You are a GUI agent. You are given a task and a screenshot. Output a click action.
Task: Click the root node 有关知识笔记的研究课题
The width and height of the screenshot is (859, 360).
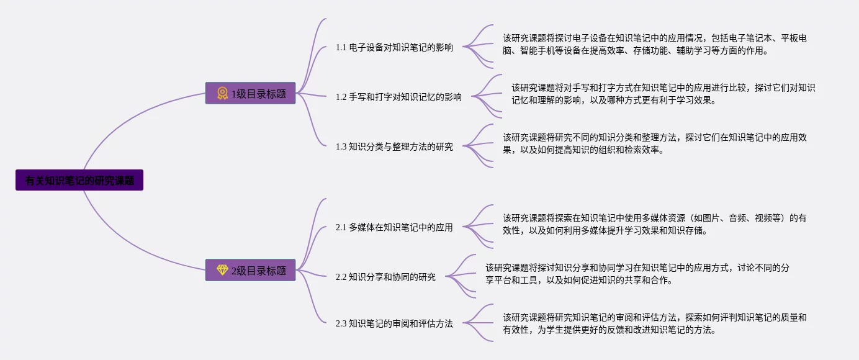(x=79, y=181)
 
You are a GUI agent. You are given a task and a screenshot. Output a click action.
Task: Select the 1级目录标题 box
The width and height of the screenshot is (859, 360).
(x=250, y=94)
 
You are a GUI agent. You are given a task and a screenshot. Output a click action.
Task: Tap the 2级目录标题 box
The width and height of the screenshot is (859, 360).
(x=250, y=270)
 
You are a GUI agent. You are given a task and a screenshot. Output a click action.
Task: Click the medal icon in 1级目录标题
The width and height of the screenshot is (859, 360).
(x=222, y=94)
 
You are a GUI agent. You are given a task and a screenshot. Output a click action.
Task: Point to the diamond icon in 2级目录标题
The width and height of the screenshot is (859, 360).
(x=222, y=270)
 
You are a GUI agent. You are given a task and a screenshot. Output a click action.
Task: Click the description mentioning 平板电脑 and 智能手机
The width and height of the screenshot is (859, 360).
(x=654, y=44)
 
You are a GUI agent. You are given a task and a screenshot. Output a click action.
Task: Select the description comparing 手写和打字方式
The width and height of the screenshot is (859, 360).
(x=663, y=94)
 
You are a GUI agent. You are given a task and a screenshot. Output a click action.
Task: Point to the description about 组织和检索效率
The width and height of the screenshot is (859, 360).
(x=654, y=143)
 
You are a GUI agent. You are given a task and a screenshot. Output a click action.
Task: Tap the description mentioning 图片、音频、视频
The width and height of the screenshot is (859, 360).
(x=654, y=224)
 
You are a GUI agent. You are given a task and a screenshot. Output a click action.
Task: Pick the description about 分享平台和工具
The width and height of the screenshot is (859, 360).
(x=637, y=274)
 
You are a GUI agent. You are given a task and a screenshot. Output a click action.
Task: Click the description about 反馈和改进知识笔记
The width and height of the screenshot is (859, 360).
(x=654, y=323)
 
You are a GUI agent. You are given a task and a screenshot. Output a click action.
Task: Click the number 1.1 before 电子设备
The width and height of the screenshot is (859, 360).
(x=341, y=47)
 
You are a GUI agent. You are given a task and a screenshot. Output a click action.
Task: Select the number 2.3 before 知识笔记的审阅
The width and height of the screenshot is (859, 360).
(x=341, y=323)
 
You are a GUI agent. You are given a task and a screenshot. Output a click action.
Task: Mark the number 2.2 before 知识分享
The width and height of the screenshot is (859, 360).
(x=341, y=277)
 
